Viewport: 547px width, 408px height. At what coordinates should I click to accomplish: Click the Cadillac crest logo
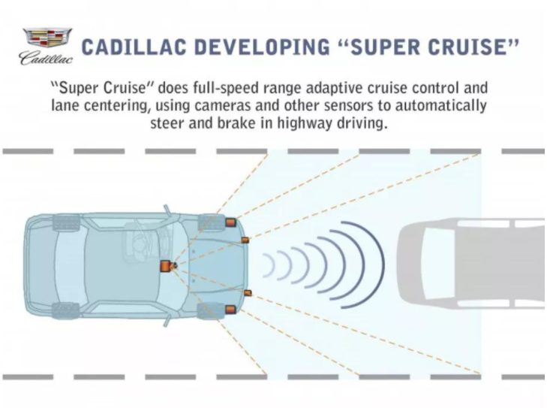pos(47,38)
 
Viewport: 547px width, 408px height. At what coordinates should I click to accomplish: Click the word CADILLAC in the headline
pos(134,47)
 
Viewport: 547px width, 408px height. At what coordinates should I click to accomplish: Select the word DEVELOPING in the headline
pos(263,47)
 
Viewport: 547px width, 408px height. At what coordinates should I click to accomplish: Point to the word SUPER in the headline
pos(385,47)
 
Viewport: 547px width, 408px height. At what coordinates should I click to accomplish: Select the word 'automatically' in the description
pos(441,105)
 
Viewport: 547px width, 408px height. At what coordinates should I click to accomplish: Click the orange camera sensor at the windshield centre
pos(167,266)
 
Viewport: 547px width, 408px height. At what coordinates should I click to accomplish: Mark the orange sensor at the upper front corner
pos(230,222)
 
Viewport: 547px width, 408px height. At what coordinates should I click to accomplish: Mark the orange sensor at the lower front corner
pos(230,310)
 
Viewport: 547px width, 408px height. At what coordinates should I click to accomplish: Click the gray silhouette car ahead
pos(471,264)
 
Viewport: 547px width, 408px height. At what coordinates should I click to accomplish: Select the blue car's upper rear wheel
pos(65,222)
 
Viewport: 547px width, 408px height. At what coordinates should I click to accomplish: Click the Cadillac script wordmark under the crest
pos(47,58)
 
